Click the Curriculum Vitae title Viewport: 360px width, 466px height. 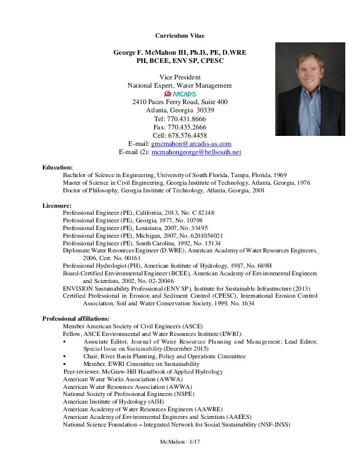[x=179, y=36]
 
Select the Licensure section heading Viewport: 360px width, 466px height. [x=57, y=205]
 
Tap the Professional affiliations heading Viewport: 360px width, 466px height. [x=75, y=318]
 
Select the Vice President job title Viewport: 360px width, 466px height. [x=180, y=77]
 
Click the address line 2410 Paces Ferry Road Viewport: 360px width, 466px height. [x=179, y=102]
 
